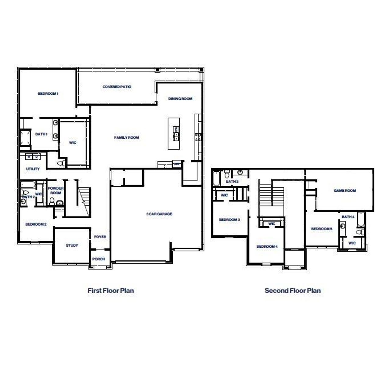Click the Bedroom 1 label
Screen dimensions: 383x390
click(48, 94)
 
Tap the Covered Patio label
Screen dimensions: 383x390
click(117, 87)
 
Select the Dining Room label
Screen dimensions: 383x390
click(180, 99)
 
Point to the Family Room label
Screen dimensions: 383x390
click(126, 138)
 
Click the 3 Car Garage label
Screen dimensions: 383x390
click(159, 214)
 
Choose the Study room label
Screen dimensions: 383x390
click(72, 245)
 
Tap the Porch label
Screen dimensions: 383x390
click(98, 259)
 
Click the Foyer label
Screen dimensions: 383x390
click(100, 237)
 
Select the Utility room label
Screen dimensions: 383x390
click(33, 169)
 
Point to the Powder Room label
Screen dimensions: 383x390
click(56, 191)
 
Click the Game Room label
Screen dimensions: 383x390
click(345, 191)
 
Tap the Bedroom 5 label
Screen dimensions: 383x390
click(321, 229)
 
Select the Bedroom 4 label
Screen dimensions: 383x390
click(267, 246)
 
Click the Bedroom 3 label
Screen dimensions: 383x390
click(229, 220)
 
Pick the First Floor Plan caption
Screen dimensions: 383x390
click(111, 291)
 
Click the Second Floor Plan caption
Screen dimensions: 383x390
click(292, 291)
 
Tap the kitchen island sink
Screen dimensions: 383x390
click(176, 133)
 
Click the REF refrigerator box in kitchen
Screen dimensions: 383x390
click(177, 164)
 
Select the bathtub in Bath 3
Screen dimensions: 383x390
click(216, 178)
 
